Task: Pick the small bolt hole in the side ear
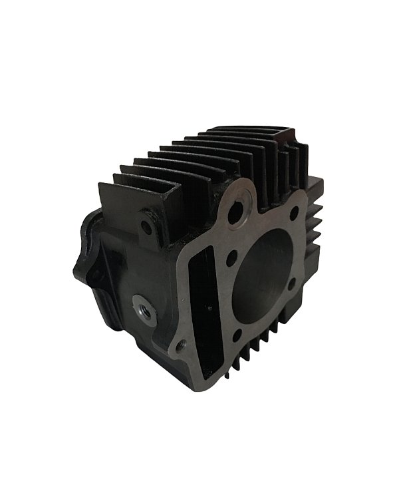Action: point(146,226)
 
